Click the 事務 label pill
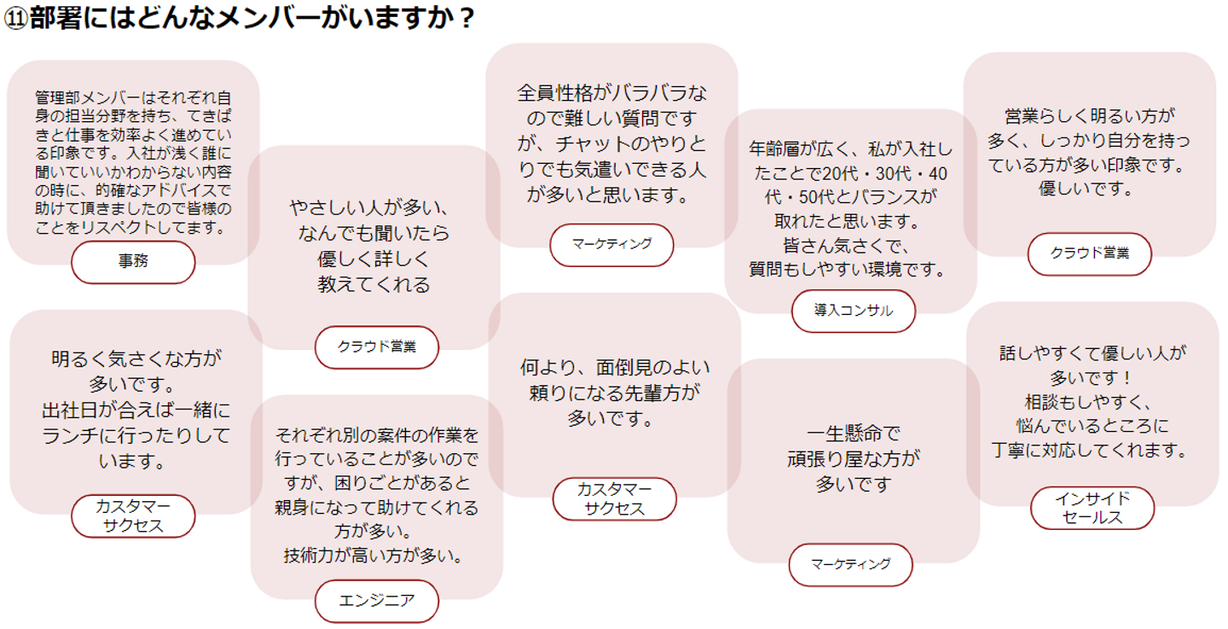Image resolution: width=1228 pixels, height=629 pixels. [133, 262]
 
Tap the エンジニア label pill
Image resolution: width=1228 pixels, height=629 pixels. [376, 601]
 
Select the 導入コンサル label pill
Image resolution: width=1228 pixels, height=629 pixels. [853, 311]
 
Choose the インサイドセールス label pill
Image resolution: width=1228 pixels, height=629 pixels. [1092, 508]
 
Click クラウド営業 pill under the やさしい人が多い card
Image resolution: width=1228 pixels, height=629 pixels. [376, 347]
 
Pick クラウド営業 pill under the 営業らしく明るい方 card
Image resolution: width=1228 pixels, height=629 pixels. [1089, 253]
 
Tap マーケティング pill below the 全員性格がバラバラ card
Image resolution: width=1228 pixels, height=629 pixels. [611, 244]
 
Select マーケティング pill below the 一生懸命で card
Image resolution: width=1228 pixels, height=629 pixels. [850, 564]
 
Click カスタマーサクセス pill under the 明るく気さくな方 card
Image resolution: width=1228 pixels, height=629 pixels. [133, 515]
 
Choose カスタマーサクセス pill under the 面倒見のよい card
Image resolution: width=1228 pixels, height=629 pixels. [614, 498]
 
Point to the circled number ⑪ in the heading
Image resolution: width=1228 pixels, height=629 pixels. [15, 20]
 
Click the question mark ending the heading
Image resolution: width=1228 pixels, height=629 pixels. [465, 19]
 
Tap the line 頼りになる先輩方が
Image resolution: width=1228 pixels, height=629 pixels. [614, 393]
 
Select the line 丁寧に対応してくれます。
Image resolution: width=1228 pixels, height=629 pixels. [1092, 450]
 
